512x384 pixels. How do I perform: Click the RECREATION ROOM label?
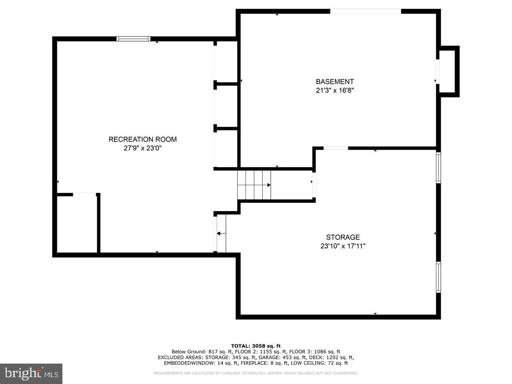[142, 139]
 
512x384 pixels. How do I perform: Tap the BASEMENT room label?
[335, 82]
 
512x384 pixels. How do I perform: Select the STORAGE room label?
[343, 237]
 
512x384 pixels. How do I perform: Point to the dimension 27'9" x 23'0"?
[142, 148]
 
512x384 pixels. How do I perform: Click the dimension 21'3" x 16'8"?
[335, 90]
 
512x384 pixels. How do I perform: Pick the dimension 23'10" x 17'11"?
[343, 246]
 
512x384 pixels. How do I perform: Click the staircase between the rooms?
[254, 184]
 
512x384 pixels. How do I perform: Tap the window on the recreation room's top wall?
[133, 39]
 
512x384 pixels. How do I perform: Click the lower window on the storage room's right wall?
[438, 277]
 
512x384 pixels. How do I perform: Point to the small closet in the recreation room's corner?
[77, 223]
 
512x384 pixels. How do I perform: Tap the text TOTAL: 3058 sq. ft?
[256, 346]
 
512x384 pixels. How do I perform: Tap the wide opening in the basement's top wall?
[365, 11]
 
